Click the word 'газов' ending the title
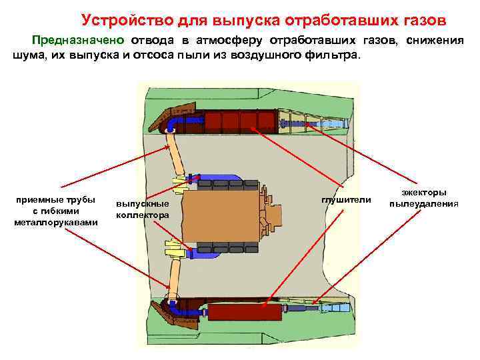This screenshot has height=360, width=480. click(x=420, y=19)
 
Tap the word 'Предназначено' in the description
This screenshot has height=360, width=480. click(x=71, y=40)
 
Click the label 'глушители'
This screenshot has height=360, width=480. click(x=346, y=200)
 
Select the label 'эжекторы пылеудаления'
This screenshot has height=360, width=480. click(x=424, y=198)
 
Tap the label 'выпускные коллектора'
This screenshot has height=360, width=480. click(x=142, y=209)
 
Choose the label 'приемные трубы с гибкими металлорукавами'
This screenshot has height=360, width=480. click(x=56, y=211)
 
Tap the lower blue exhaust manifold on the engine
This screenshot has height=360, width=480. click(x=220, y=252)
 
